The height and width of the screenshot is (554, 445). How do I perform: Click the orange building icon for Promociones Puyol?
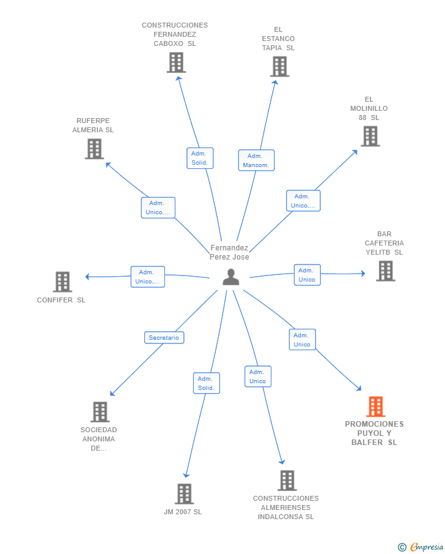click(x=375, y=406)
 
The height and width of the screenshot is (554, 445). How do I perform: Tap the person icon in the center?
click(x=231, y=277)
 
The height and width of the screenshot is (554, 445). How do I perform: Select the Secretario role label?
click(x=164, y=338)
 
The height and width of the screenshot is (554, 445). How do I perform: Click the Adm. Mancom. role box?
click(x=256, y=160)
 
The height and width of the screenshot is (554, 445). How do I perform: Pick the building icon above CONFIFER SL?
click(x=62, y=282)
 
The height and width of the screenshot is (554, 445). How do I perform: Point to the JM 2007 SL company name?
click(x=183, y=512)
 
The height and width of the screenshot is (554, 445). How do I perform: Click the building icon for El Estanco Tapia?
click(x=279, y=67)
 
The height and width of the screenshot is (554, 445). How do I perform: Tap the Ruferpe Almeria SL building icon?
click(x=94, y=149)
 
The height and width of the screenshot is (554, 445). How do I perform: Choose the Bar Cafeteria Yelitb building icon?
click(x=386, y=271)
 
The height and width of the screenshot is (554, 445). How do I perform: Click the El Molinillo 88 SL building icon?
click(x=370, y=136)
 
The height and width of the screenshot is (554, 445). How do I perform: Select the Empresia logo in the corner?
click(x=421, y=547)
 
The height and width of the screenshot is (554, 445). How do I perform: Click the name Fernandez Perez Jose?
click(x=229, y=252)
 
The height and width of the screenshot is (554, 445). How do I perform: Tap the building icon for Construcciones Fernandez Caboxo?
click(x=176, y=62)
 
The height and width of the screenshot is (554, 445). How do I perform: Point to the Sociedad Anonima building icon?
click(x=100, y=412)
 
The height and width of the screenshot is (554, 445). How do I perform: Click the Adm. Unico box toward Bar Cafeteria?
click(x=307, y=275)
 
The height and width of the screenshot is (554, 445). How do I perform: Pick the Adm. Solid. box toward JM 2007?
click(x=207, y=383)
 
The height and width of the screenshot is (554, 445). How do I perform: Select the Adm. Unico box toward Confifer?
click(x=148, y=277)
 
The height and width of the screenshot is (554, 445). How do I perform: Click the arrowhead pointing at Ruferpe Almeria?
click(x=108, y=164)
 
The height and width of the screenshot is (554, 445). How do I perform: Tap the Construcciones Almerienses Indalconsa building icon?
click(x=287, y=481)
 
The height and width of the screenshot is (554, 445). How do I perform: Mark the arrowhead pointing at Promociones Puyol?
click(x=359, y=389)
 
